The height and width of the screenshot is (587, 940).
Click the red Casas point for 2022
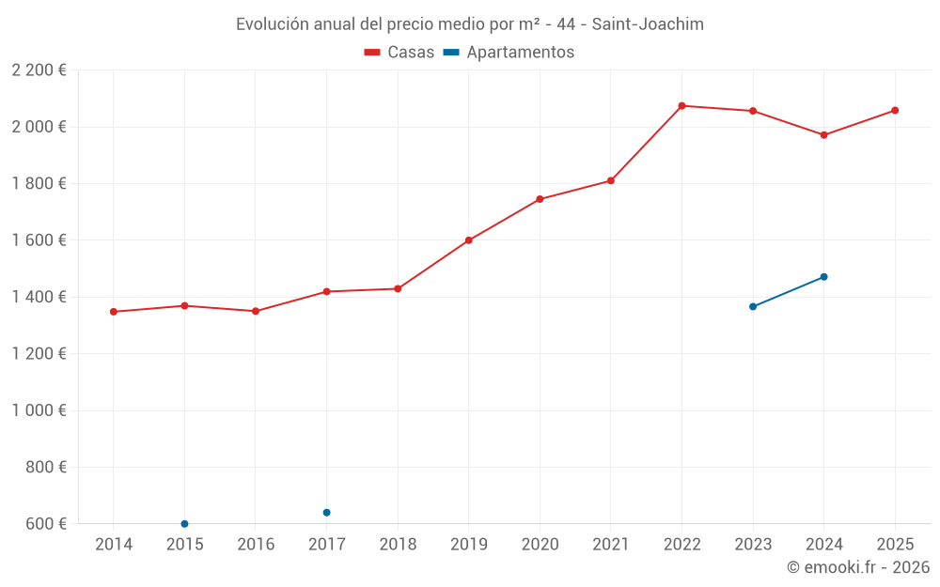(x=681, y=106)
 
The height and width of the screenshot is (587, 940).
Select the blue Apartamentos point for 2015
(x=184, y=524)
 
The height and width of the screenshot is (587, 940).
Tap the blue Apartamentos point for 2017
(x=326, y=513)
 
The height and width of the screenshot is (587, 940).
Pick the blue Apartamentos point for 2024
(x=823, y=277)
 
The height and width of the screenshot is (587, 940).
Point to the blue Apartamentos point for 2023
(x=753, y=306)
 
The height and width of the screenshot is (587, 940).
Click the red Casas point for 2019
(x=469, y=240)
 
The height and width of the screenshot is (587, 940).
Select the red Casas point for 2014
(x=114, y=312)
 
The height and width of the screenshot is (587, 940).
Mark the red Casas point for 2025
(x=895, y=111)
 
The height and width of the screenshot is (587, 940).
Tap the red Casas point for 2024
(x=823, y=135)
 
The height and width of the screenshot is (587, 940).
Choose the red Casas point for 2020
(x=540, y=199)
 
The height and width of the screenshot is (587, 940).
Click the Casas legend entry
(x=399, y=53)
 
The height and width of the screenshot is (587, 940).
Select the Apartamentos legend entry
(x=509, y=53)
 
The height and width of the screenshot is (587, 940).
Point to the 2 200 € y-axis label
(x=39, y=70)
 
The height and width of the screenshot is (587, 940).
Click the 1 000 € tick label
(x=39, y=410)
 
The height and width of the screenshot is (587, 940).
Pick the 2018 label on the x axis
(x=398, y=545)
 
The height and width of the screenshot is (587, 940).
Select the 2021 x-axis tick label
(x=611, y=545)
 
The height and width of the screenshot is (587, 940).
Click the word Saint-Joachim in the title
(x=648, y=24)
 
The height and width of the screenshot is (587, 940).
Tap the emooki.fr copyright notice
(x=857, y=567)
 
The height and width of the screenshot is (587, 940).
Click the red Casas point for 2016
(x=256, y=311)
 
